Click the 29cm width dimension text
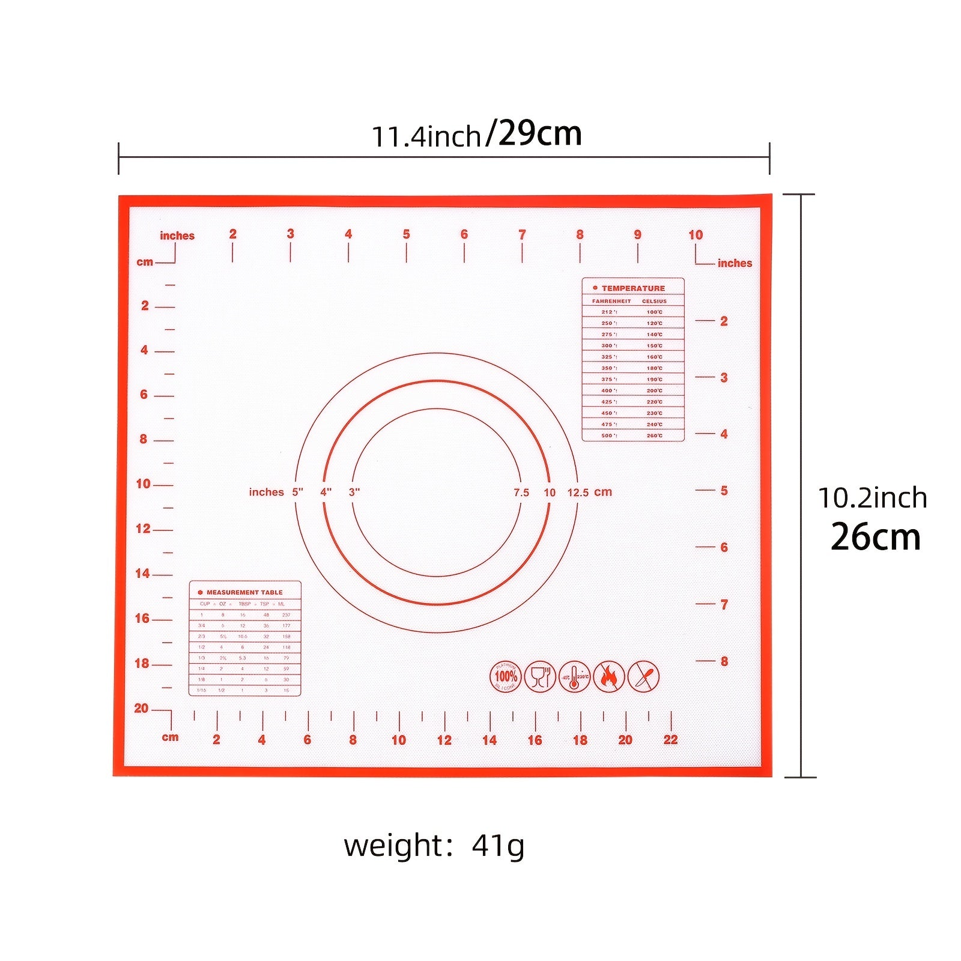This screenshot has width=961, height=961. (x=539, y=133)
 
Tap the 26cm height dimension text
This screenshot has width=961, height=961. (x=875, y=537)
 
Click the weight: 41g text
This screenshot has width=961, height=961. (x=434, y=846)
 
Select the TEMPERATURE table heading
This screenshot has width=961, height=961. (x=633, y=288)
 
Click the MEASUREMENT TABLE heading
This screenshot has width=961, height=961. (x=244, y=592)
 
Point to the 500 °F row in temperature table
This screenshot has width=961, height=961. (x=632, y=435)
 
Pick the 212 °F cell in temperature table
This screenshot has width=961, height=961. (x=608, y=312)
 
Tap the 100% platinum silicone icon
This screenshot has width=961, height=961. (x=506, y=677)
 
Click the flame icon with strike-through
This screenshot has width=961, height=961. (x=609, y=677)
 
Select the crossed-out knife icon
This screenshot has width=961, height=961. (x=643, y=677)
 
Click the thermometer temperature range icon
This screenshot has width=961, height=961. (x=575, y=677)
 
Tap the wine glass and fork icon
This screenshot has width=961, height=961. (x=540, y=677)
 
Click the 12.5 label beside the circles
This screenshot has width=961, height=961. (x=578, y=493)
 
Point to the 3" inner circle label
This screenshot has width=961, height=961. (x=354, y=493)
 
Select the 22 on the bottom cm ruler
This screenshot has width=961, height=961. (x=670, y=740)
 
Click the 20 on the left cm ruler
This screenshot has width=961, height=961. (x=141, y=708)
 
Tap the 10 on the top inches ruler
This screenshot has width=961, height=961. (x=696, y=235)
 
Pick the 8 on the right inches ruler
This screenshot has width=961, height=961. (x=724, y=661)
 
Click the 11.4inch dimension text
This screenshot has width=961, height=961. (x=426, y=136)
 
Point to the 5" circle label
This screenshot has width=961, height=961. (x=298, y=493)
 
